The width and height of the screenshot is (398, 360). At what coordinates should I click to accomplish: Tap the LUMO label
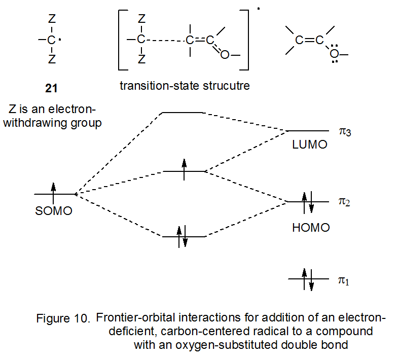pos(310,145)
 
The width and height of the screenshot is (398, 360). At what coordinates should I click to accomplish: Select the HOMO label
pos(311,228)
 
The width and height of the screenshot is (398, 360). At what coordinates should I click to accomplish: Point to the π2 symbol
pos(345,202)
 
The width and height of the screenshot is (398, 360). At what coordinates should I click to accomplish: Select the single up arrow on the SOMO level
pos(53,193)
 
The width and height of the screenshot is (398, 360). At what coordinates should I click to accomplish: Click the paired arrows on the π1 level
pos(308,279)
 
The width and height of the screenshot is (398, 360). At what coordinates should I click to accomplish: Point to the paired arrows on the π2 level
pos(308,202)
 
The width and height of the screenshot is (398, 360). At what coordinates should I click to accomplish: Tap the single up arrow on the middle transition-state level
pos(184,169)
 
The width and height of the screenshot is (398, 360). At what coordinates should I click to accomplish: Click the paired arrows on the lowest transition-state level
pos(182,236)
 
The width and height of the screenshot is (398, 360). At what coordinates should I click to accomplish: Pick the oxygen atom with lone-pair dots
pos(334,54)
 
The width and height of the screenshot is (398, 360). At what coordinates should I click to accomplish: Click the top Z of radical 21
pos(52,19)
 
